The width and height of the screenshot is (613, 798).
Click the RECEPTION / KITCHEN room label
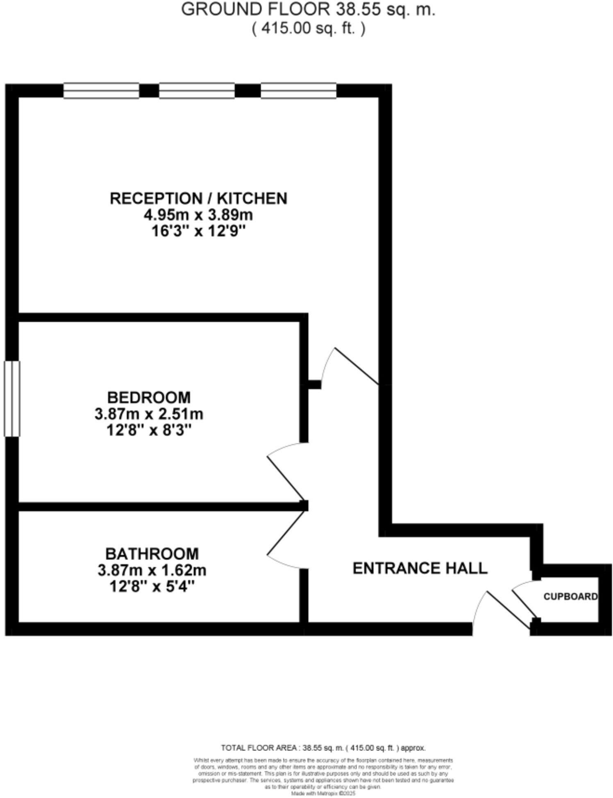tap(198, 198)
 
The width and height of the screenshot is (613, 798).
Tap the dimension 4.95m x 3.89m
tap(198, 215)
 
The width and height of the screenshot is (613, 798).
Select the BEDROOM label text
tap(149, 397)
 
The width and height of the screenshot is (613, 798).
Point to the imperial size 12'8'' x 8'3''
tap(149, 431)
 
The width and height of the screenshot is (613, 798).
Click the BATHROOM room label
tap(152, 554)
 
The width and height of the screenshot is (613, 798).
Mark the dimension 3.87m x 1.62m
tap(152, 570)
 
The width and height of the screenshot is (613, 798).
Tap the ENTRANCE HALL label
tap(420, 568)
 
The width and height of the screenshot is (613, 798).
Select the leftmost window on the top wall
tap(101, 91)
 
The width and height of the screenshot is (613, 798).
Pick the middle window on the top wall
tap(197, 91)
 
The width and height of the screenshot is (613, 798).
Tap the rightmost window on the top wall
tap(298, 91)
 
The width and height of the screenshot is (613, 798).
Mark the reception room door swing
tap(348, 365)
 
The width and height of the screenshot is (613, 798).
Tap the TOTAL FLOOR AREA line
tap(323, 748)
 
